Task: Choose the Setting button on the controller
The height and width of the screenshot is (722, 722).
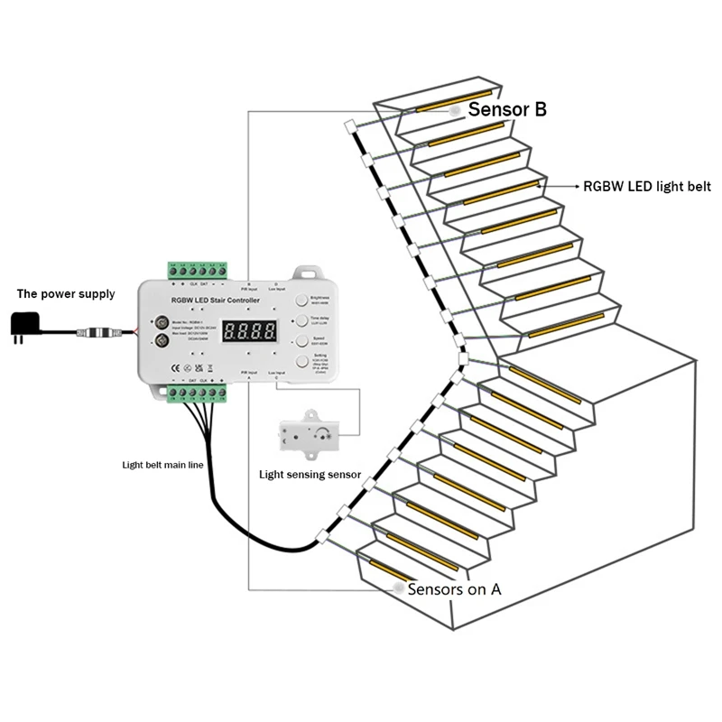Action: click(x=304, y=363)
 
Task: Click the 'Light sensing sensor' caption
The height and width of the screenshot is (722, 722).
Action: click(x=310, y=474)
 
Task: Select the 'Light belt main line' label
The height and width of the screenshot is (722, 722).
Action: click(x=163, y=465)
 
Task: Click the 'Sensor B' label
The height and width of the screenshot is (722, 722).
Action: click(x=507, y=109)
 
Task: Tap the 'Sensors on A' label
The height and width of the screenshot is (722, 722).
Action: click(x=454, y=589)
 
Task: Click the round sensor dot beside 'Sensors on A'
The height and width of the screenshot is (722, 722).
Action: click(x=398, y=588)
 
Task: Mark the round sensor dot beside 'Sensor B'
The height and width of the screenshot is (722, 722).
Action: click(x=457, y=108)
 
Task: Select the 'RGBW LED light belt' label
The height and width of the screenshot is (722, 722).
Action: click(x=647, y=187)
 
